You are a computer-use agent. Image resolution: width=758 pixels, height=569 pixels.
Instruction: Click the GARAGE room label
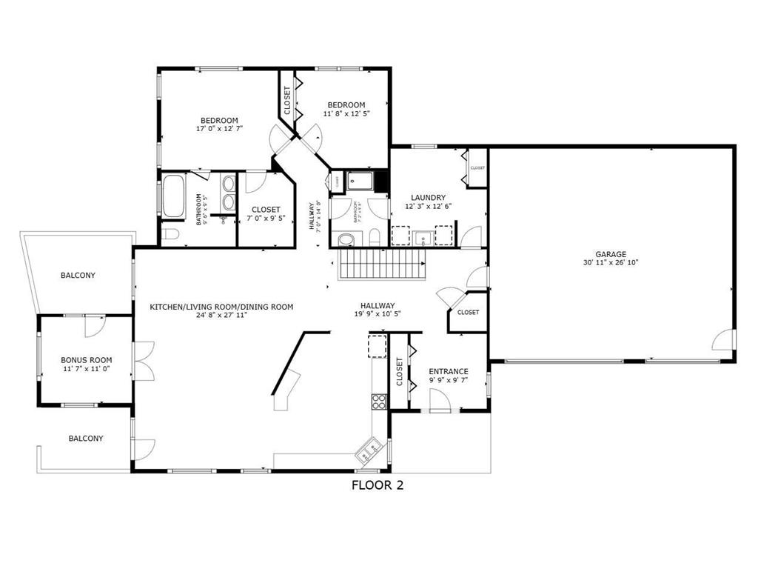click(x=611, y=253)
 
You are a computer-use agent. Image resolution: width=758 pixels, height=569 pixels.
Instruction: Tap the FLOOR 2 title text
click(x=377, y=486)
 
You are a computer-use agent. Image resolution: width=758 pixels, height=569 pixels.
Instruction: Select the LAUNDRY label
click(x=428, y=197)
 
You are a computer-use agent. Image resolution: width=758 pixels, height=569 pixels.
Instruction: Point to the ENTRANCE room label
click(x=449, y=371)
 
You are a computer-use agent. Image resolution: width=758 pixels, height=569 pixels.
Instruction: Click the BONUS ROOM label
click(x=86, y=360)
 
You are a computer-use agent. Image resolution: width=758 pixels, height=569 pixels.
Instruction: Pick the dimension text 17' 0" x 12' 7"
click(x=219, y=129)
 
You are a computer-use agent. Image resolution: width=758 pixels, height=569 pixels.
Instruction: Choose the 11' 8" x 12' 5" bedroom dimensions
click(x=346, y=113)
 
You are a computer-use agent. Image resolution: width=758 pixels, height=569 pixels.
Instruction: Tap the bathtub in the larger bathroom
click(x=174, y=196)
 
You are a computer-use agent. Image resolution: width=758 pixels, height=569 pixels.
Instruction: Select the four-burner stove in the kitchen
click(x=378, y=402)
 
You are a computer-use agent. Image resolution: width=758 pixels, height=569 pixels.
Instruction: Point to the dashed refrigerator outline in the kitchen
click(x=378, y=346)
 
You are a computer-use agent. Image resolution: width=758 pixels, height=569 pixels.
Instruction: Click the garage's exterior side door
click(x=724, y=340)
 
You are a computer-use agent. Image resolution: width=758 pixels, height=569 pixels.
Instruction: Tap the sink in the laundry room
click(x=422, y=237)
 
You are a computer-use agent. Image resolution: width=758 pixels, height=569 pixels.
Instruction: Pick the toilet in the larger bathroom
click(x=170, y=235)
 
